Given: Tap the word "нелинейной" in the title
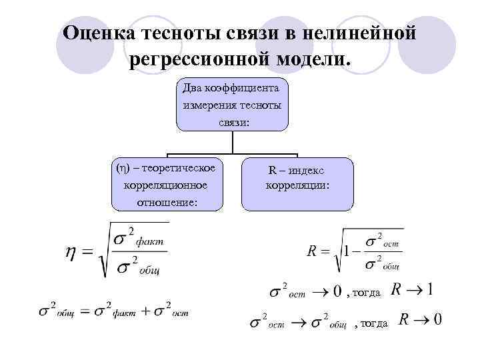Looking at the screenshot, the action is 363,33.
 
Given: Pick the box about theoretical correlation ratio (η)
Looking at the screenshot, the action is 167,184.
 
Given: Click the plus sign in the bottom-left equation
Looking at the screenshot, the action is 143,311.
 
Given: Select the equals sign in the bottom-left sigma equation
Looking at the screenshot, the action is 85,311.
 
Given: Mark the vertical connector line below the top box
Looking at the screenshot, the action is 232,142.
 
